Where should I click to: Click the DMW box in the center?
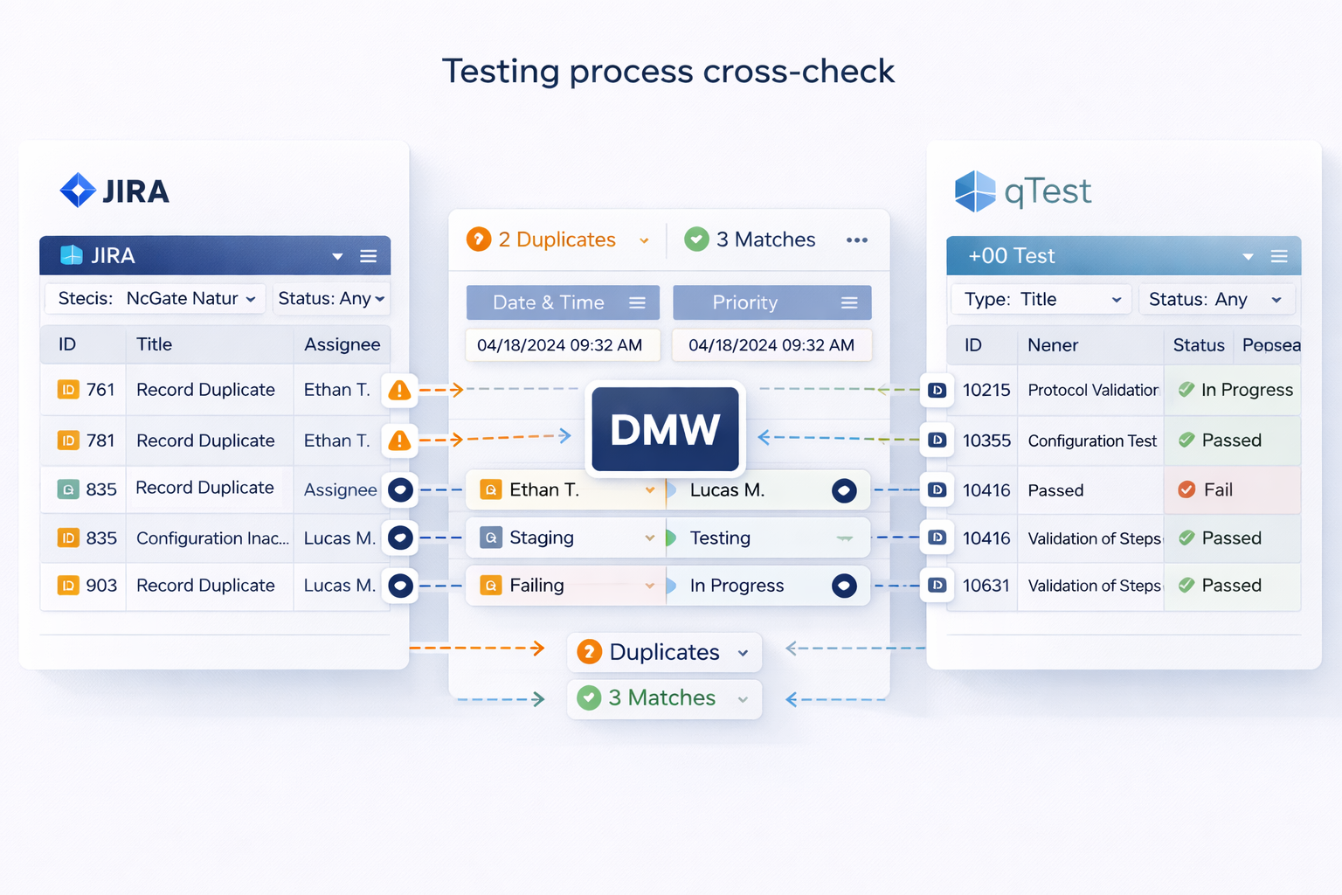pos(665,429)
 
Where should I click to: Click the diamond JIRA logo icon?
pos(78,190)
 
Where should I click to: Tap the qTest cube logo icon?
pos(975,191)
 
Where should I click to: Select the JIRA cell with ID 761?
pos(86,390)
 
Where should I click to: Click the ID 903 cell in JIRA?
pos(87,586)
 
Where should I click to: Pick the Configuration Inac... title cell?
pos(211,538)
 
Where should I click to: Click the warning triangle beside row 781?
pos(399,441)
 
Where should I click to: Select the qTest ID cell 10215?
pos(986,390)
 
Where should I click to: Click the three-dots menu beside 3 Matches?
pos(856,240)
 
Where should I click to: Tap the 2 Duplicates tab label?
pos(557,239)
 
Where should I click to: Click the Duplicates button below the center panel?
pos(664,652)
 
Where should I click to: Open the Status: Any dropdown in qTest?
pos(1215,300)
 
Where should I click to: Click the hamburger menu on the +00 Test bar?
pos(1279,256)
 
